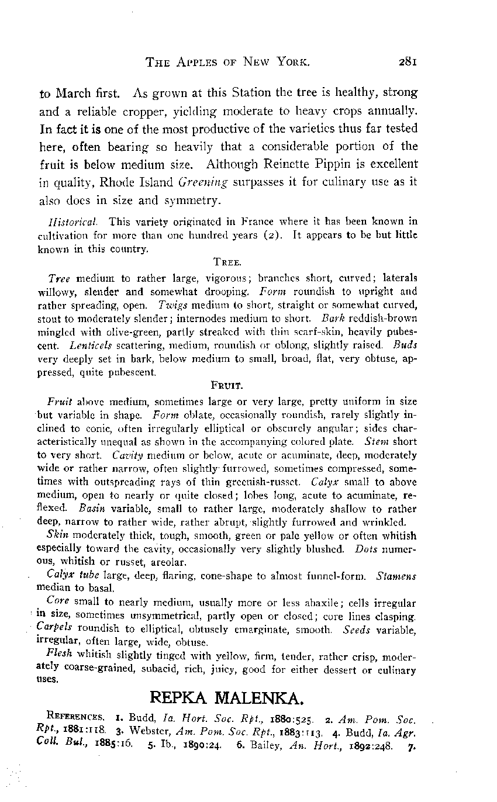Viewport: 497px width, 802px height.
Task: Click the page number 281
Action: pyautogui.click(x=404, y=61)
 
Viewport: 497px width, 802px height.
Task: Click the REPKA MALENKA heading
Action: pyautogui.click(x=227, y=697)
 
